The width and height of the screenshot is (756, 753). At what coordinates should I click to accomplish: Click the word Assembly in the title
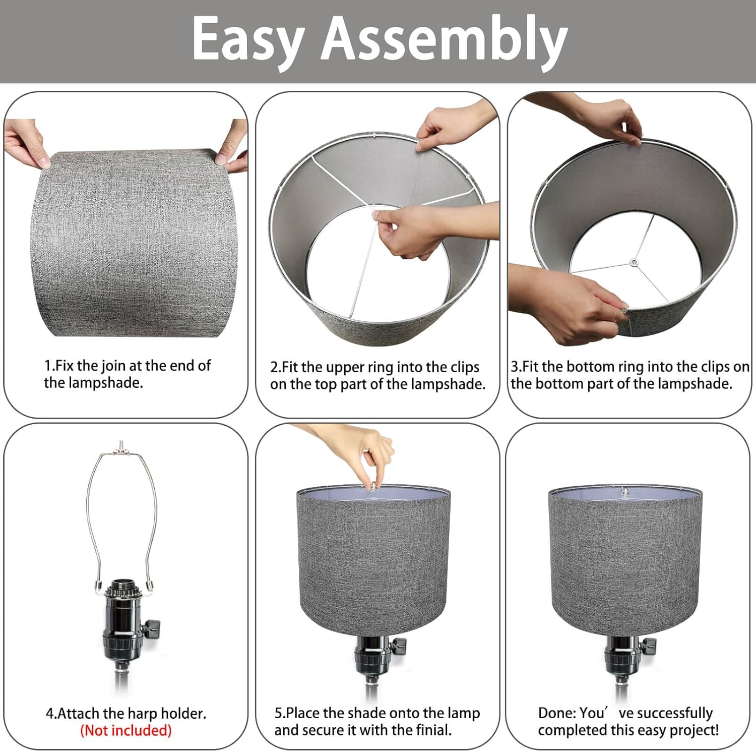444,39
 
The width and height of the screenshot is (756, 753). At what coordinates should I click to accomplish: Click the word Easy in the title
248,39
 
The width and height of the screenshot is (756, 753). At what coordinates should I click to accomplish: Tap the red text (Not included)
126,730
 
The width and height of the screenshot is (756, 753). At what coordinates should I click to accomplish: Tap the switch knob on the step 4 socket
152,628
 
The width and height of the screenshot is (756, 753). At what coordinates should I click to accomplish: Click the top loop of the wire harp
121,448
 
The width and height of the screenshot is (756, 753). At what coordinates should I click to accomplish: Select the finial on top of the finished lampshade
625,491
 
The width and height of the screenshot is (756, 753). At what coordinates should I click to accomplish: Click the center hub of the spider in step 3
634,262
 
